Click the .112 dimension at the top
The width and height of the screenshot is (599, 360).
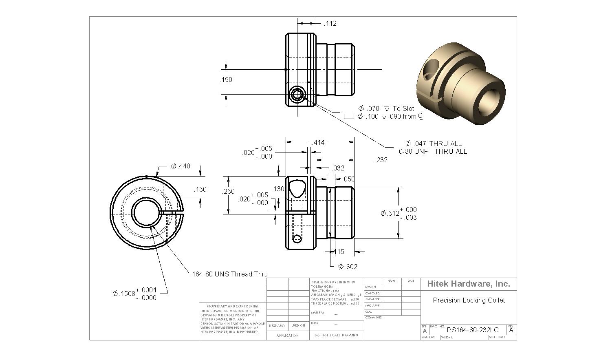pyautogui.click(x=330, y=24)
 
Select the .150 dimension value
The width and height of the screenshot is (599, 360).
pyautogui.click(x=226, y=80)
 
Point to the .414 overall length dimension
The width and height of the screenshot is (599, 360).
pyautogui.click(x=318, y=142)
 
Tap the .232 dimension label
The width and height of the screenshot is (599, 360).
pyautogui.click(x=381, y=160)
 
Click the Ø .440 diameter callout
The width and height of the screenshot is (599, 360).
pyautogui.click(x=181, y=166)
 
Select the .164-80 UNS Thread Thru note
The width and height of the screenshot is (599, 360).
pyautogui.click(x=229, y=274)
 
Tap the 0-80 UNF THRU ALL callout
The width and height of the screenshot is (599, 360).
pyautogui.click(x=433, y=151)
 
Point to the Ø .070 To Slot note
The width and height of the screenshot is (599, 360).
pyautogui.click(x=386, y=108)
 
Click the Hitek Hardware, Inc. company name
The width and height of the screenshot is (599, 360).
pyautogui.click(x=469, y=284)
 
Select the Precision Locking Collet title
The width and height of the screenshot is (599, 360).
pyautogui.click(x=469, y=300)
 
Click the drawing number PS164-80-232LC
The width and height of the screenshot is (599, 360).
pyautogui.click(x=473, y=330)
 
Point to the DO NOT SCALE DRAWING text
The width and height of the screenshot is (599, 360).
pyautogui.click(x=336, y=335)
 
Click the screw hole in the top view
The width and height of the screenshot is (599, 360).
pyautogui.click(x=296, y=95)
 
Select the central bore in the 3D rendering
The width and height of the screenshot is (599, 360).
pyautogui.click(x=488, y=100)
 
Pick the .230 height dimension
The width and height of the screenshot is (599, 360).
pyautogui.click(x=229, y=191)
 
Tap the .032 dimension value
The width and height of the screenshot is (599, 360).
pyautogui.click(x=338, y=168)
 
